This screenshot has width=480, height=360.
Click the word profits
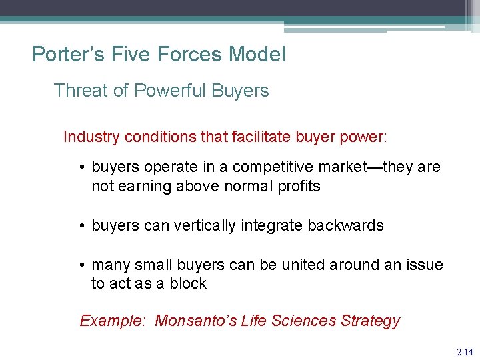coord(298,186)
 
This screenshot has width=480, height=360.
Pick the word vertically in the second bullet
coord(205,225)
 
